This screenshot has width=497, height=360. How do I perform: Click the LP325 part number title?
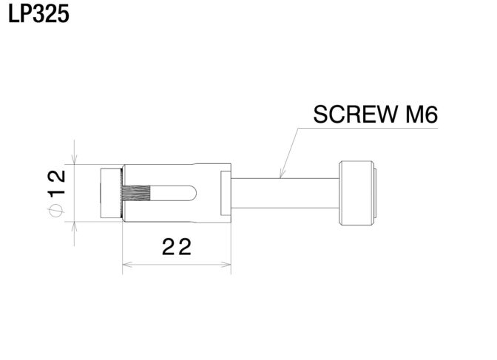coord(38,14)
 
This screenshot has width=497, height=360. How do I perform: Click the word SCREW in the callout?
coord(356,115)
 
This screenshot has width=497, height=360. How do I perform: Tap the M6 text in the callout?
coord(422,115)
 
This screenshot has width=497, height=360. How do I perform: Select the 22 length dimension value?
coord(177,247)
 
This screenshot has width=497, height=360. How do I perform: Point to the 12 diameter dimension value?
coord(56,183)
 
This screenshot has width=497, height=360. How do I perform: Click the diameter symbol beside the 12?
coord(56,211)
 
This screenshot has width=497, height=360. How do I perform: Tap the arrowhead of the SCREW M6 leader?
coord(281,174)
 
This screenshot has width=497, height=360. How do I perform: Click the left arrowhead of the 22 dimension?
coord(127,265)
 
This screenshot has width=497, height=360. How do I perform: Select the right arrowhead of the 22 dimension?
coord(226,265)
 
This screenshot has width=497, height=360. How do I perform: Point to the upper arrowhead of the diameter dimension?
coord(74,160)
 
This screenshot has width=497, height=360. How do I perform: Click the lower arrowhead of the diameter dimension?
coord(74,227)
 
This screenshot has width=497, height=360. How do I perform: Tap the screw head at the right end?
coord(356,193)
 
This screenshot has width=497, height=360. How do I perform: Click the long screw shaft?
coord(285,193)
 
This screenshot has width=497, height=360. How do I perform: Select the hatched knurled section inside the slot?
coord(135,194)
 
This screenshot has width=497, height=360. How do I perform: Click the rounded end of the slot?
coord(193,194)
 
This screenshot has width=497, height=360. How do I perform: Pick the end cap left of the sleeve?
coord(111,193)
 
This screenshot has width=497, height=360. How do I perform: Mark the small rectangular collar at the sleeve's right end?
coord(226,193)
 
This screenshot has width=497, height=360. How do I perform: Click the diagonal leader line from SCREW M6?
coord(289,153)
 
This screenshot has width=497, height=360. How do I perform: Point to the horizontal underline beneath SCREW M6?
coord(368,129)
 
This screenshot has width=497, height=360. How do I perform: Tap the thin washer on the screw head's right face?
coord(375,193)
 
